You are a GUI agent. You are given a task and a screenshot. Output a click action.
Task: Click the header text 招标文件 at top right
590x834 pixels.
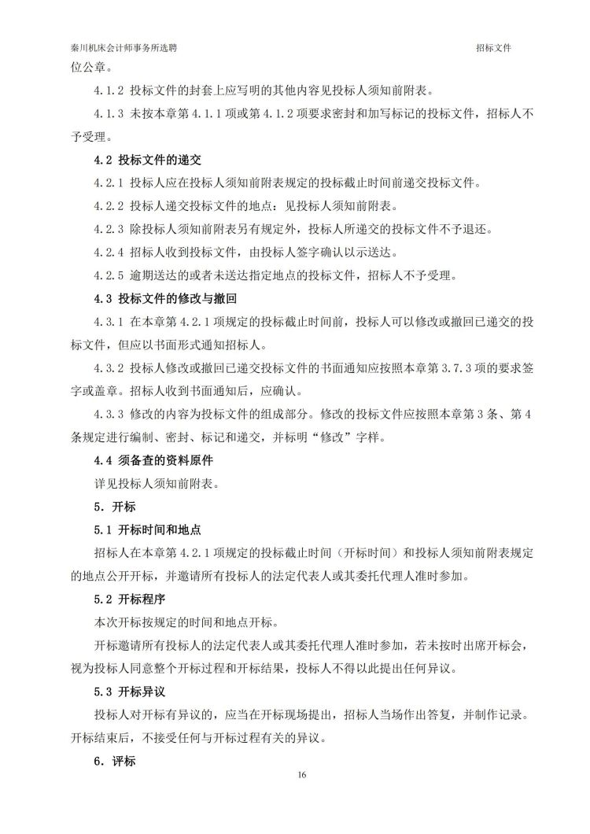pyautogui.click(x=494, y=48)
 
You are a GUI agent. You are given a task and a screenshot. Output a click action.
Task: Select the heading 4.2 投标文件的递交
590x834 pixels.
pyautogui.click(x=148, y=161)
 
